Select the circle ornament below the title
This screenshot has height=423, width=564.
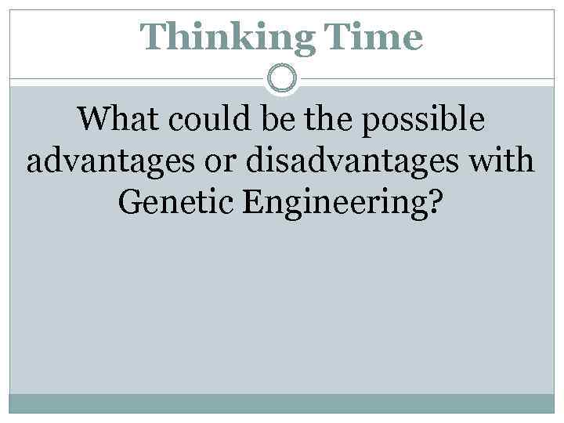pos(281,78)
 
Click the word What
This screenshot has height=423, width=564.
pos(116,120)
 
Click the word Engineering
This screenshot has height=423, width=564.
pos(333,205)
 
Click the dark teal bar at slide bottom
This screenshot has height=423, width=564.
pos(281,403)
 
